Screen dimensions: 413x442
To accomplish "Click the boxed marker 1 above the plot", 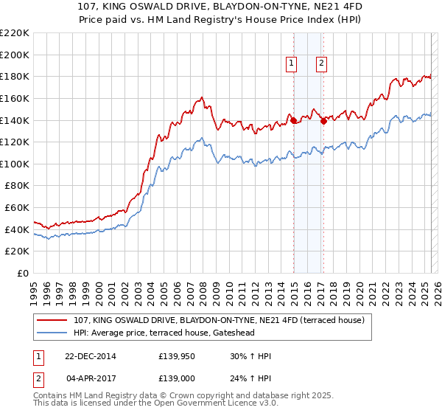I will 292,64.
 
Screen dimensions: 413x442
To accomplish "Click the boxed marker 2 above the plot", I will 322,64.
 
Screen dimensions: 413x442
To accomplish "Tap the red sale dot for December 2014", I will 293,120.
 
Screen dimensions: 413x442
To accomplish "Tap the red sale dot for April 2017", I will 323,122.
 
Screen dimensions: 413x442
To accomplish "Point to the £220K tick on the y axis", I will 15,33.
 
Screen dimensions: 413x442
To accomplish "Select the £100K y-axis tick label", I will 15,164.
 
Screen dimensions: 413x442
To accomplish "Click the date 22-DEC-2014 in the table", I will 90,356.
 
